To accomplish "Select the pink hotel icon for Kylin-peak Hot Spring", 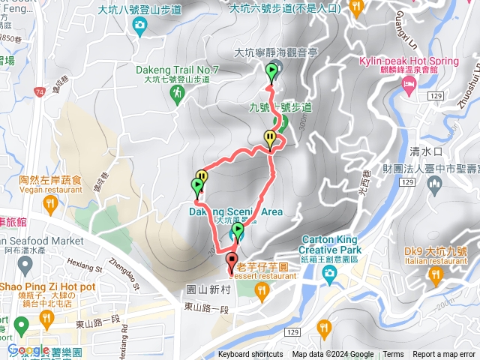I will click(x=409, y=88).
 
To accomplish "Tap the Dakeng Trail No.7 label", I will click(x=177, y=70).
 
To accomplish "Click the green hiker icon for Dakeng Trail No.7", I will click(x=177, y=93).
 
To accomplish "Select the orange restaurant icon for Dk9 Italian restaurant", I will click(x=436, y=276).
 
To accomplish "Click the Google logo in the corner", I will click(x=28, y=349).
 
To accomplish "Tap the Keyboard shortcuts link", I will click(x=250, y=355).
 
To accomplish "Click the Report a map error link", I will click(x=444, y=355).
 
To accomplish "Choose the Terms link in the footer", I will click(x=393, y=355).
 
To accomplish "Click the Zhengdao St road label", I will click(x=124, y=274).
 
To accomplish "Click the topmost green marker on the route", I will click(x=272, y=72).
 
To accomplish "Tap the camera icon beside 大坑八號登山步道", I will click(x=139, y=26).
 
